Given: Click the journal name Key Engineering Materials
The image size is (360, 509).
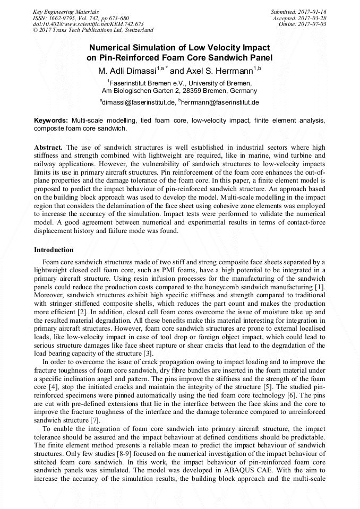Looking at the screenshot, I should click(x=66, y=11).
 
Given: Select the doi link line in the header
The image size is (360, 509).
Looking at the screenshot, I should click(x=88, y=24).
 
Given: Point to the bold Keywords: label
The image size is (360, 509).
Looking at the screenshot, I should click(x=51, y=120).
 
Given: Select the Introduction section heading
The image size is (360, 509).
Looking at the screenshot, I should click(x=54, y=249).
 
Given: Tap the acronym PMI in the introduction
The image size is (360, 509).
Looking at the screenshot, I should click(x=199, y=270).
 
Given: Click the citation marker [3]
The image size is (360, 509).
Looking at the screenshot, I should click(x=148, y=353).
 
